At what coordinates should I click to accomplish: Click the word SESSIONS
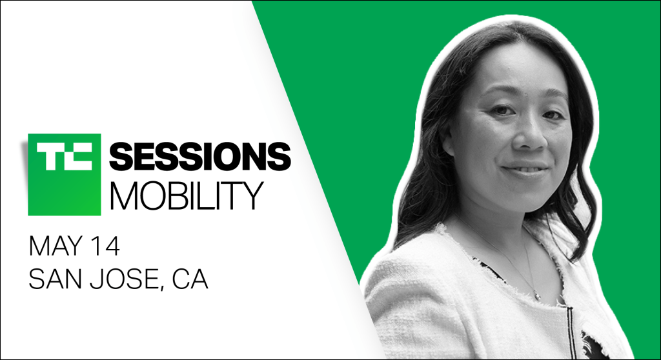pos(200,157)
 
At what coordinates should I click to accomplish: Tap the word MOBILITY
pos(187,195)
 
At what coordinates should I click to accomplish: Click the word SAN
pos(53,279)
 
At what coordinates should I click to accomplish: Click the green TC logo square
pos(65,175)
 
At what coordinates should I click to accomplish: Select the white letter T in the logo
pos(50,157)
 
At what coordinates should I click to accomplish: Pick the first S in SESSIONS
pos(121,157)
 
